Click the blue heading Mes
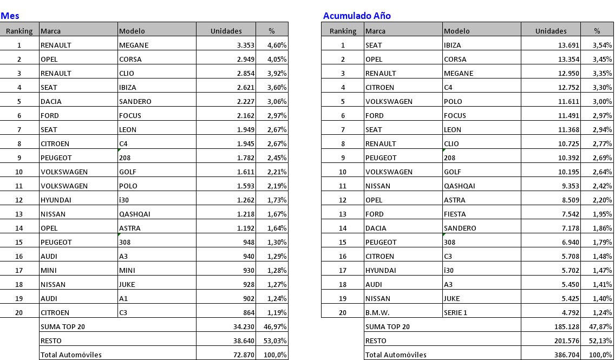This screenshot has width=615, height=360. pos(10,16)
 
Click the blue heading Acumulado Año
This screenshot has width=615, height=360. pos(357,16)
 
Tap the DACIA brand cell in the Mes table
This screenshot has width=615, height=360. pos(51,101)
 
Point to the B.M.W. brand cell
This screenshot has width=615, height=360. pos(377,312)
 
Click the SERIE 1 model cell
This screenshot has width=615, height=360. pos(455,312)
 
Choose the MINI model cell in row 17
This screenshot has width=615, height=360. pos(127,270)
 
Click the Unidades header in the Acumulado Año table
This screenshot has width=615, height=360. pos(551,31)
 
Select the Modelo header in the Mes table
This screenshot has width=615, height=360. pos(132,31)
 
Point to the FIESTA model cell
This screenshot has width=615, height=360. pos(455,214)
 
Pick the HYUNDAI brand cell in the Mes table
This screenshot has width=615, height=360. pos(56,200)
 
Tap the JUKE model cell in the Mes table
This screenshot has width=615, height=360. pos(127,284)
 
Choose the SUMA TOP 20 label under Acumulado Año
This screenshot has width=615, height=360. pos(388,326)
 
